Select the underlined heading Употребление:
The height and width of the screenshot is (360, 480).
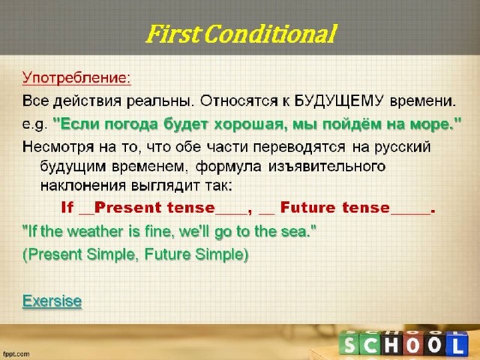pyautogui.click(x=76, y=78)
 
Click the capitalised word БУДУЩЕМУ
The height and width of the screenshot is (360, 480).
pyautogui.click(x=339, y=100)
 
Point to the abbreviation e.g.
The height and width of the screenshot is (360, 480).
pyautogui.click(x=35, y=124)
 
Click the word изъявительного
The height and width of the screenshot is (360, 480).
pyautogui.click(x=327, y=166)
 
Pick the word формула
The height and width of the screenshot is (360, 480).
pyautogui.click(x=228, y=166)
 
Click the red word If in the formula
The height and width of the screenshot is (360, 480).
pyautogui.click(x=67, y=207)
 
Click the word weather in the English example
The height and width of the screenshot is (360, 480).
pyautogui.click(x=95, y=232)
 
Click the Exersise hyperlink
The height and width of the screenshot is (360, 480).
pyautogui.click(x=52, y=301)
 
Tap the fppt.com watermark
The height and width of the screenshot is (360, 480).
pyautogui.click(x=16, y=354)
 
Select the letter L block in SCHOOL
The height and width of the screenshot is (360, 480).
pyautogui.click(x=457, y=345)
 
